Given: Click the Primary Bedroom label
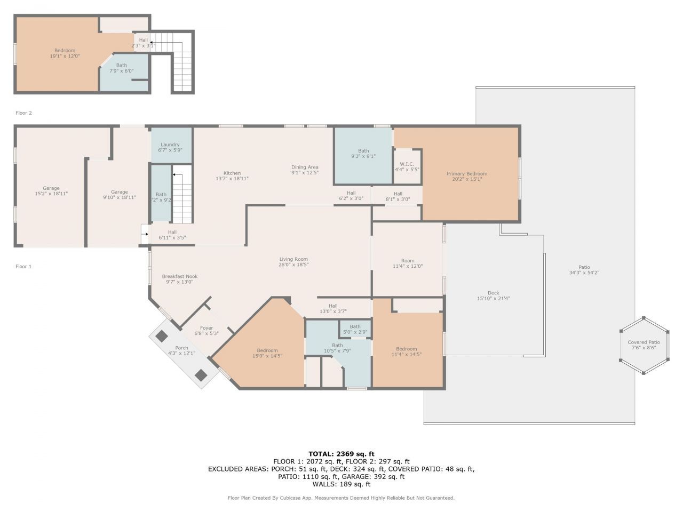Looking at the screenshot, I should point(466,174).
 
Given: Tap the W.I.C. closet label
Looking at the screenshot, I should point(407,164).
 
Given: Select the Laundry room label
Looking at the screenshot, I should point(170,145).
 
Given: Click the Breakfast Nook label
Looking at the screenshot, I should point(180,276).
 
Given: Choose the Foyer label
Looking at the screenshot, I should point(207,328).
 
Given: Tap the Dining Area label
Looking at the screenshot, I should point(305,167).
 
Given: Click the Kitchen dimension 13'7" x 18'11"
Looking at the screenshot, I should point(232,179).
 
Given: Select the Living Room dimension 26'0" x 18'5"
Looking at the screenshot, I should point(293,265).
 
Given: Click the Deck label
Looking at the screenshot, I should point(494,293).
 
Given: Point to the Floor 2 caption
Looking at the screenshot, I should point(23,113).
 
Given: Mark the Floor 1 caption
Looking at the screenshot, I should point(23,266).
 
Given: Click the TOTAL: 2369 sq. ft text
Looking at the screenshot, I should point(341,454).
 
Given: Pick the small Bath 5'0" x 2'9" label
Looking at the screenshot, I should point(355,326).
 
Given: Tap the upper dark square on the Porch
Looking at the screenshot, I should point(161,337).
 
